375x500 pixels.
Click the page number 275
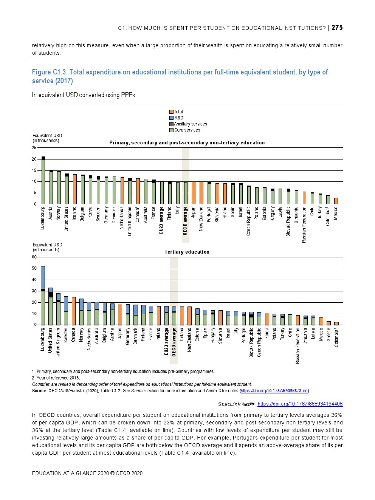337,28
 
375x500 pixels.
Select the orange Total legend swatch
171,112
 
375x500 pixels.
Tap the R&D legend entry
178,118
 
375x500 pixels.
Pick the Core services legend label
187,130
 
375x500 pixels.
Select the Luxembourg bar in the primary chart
43,180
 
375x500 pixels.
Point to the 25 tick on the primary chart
34,148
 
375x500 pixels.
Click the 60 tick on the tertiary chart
34,257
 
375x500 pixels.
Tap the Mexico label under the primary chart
336,213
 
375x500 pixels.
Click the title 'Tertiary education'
187,252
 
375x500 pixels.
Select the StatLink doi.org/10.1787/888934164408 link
300,404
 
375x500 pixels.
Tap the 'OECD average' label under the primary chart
185,221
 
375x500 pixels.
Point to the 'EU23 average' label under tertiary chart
166,342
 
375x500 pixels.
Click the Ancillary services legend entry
190,124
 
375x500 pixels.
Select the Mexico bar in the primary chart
336,201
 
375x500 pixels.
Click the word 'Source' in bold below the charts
39,391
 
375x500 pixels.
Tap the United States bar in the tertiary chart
51,307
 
